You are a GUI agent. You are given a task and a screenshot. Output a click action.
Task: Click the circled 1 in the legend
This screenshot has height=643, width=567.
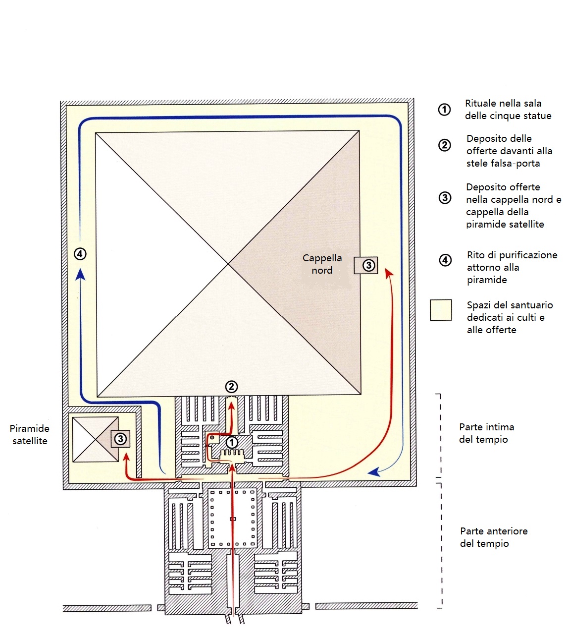[x=444, y=110]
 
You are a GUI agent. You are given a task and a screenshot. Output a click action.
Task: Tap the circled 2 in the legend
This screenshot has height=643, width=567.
[x=445, y=145]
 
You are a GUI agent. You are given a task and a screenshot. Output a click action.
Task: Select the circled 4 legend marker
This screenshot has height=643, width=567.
[x=445, y=260]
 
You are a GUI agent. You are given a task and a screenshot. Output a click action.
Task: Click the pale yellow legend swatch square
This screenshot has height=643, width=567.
[x=441, y=310]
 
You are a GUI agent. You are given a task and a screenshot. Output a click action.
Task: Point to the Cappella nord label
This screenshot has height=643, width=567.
[x=322, y=264]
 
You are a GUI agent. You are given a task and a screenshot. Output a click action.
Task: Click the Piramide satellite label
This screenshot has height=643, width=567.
[x=30, y=434]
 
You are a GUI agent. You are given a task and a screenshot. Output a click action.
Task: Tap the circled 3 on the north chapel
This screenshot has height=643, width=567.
[x=368, y=265]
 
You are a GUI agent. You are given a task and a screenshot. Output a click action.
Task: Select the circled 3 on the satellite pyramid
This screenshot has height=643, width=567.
[x=120, y=439]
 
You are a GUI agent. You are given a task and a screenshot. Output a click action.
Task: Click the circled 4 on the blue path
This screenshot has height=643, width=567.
[x=80, y=254]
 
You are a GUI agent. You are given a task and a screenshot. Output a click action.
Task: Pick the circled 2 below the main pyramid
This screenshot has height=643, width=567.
[x=231, y=387]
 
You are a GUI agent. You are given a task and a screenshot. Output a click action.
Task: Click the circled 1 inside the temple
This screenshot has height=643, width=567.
[x=231, y=442]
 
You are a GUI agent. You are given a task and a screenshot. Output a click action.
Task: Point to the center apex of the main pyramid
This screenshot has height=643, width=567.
[x=228, y=263]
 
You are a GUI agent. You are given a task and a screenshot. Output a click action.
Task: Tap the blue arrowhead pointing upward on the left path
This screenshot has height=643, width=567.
[x=81, y=274]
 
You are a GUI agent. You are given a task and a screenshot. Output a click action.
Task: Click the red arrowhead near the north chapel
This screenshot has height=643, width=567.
[x=389, y=273]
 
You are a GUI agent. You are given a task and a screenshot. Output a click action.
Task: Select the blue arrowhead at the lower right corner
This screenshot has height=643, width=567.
[x=374, y=472]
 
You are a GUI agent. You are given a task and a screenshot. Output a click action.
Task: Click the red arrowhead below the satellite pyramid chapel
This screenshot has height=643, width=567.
[x=127, y=457]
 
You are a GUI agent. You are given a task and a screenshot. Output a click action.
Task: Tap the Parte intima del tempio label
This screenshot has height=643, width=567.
[x=486, y=433]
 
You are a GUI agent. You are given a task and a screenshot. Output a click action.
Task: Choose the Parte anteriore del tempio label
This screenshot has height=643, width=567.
[x=494, y=537]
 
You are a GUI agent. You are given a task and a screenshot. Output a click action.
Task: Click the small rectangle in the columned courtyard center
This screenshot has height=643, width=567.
[x=233, y=519]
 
